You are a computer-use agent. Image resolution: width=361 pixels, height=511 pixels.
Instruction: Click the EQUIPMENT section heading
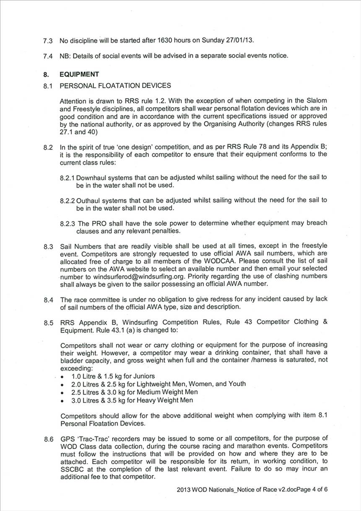[x=79, y=74]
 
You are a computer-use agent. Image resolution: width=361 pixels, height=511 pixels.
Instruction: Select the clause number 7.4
[x=48, y=56]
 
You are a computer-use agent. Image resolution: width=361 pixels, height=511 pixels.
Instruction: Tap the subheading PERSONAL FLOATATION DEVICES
[x=115, y=85]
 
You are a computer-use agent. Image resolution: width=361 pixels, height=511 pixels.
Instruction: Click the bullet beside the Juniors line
[x=62, y=377]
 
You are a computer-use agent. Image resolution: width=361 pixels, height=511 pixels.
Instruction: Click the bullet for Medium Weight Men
[x=62, y=392]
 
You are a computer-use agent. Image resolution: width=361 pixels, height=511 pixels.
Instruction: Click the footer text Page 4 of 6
[x=311, y=489]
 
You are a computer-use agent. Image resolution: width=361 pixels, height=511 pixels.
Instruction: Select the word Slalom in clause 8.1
[x=317, y=101]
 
